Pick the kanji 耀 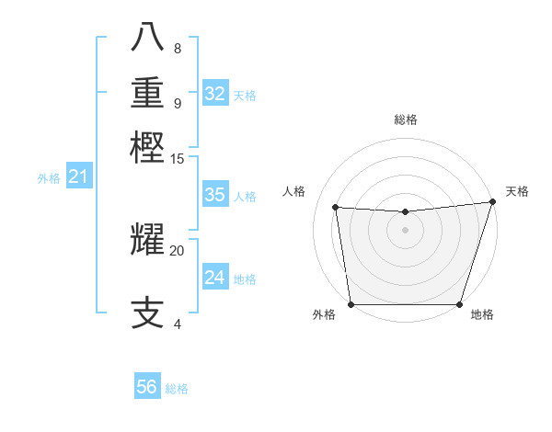[148, 239]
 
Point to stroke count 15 [178, 159]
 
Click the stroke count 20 [178, 250]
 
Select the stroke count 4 [178, 324]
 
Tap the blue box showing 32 [215, 94]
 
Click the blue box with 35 [214, 195]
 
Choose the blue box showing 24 [214, 278]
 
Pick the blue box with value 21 [78, 176]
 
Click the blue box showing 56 [147, 387]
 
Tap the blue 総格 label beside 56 [177, 389]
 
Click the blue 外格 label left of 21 [49, 178]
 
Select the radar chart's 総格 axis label [405, 119]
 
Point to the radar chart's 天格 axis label [517, 191]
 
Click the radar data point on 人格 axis [336, 208]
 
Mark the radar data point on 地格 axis [459, 304]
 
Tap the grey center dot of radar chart [405, 230]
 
